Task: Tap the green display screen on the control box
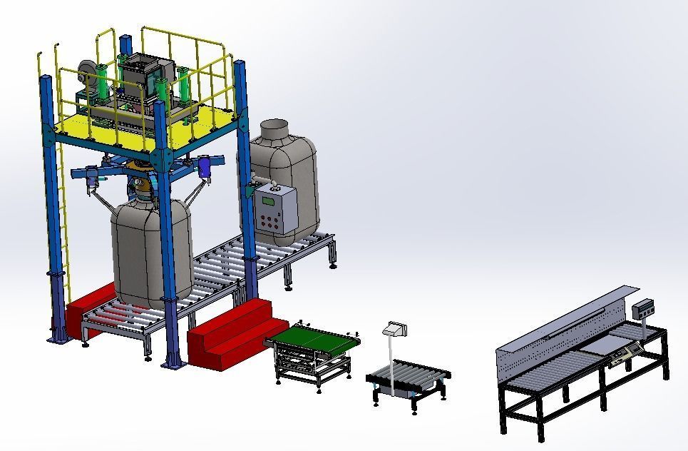coord(269,201)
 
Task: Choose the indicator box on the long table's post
coord(645,308)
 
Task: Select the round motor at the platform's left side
coord(87,71)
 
